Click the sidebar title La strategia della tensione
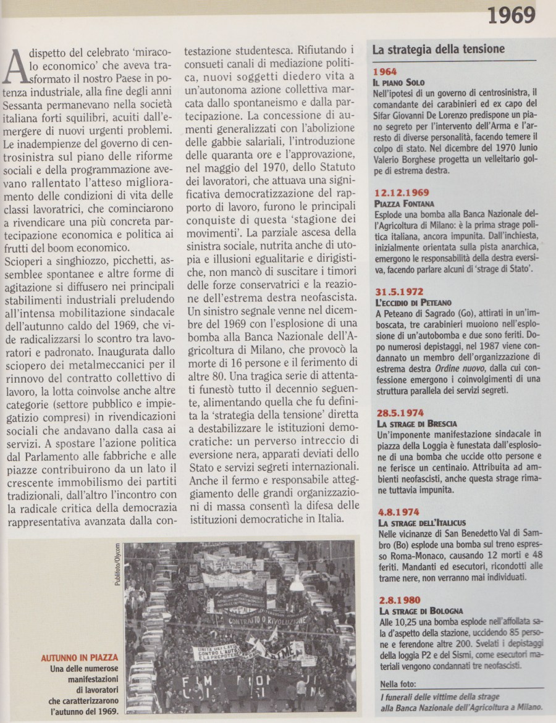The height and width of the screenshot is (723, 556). click(x=438, y=49)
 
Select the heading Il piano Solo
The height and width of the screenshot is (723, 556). click(x=398, y=82)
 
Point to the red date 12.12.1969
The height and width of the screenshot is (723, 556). click(x=402, y=192)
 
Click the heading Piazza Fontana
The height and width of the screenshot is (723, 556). click(x=404, y=203)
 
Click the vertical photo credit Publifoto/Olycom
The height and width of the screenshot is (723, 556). click(x=117, y=564)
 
